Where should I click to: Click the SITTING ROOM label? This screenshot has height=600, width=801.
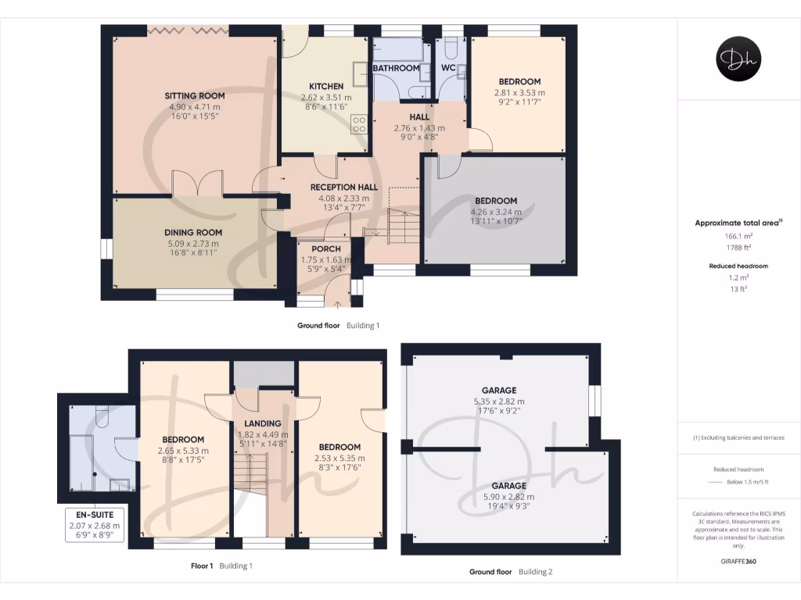point(194,96)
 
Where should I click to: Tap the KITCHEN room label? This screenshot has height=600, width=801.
point(326,86)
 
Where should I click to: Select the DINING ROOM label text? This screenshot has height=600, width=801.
point(193,232)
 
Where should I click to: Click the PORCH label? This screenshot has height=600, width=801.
point(325,248)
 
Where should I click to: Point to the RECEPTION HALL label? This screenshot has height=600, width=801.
point(343,187)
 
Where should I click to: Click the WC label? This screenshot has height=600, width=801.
point(448,68)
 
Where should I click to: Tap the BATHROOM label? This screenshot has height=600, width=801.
point(396,68)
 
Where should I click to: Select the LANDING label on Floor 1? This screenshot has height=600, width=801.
point(262,423)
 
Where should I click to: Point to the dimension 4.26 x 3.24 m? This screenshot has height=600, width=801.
point(494,212)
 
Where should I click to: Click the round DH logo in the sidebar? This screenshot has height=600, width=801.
point(738,59)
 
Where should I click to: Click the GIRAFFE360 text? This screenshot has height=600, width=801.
point(738,561)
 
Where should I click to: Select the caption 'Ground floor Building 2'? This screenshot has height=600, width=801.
point(511,572)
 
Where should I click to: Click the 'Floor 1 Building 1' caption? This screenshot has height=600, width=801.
point(222,566)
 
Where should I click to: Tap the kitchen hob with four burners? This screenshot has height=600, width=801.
point(360,123)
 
